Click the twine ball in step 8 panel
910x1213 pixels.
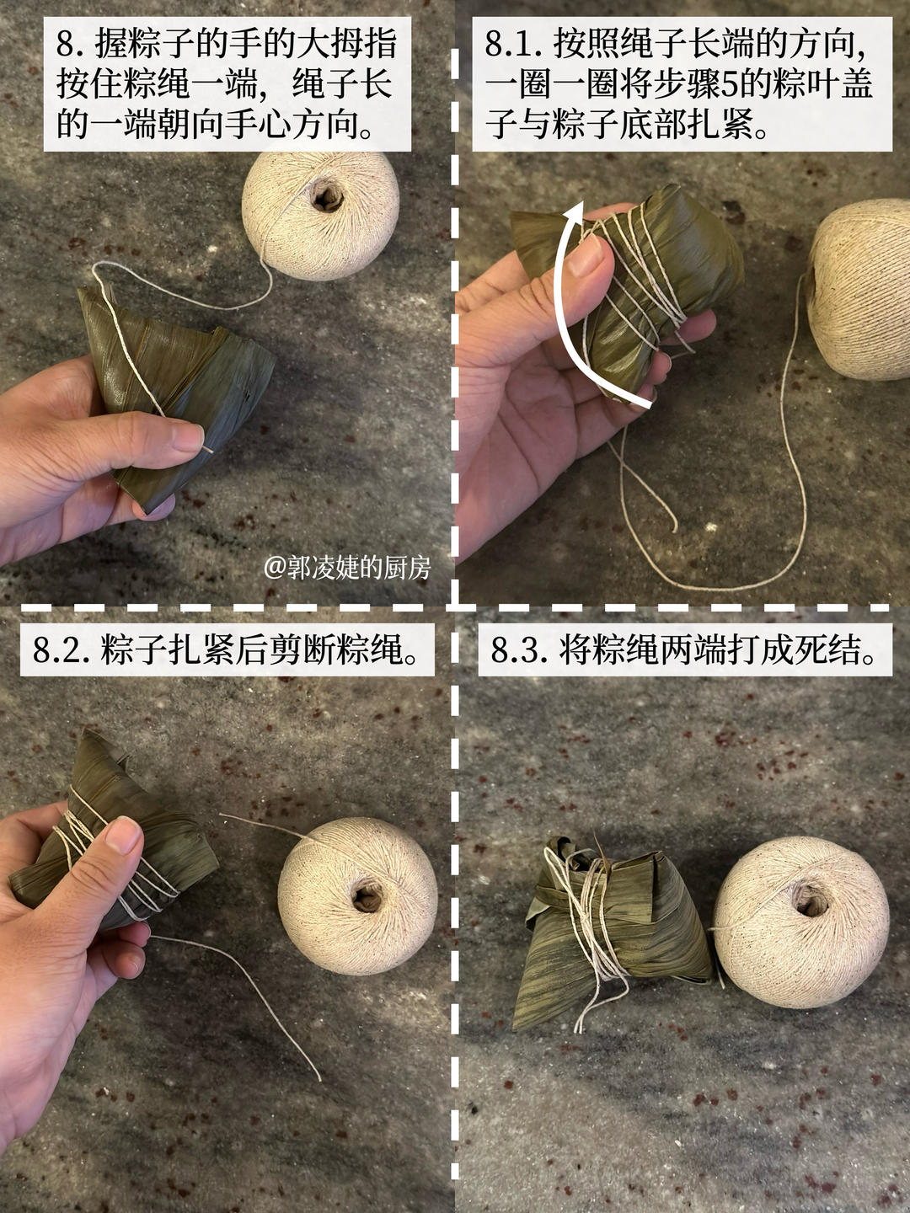point(320,215)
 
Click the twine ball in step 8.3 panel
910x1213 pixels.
point(800,922)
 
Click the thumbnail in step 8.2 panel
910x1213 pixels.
point(124,835)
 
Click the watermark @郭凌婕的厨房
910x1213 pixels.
point(347,568)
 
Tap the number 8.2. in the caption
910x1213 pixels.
point(62,650)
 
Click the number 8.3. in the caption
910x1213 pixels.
point(519,650)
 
